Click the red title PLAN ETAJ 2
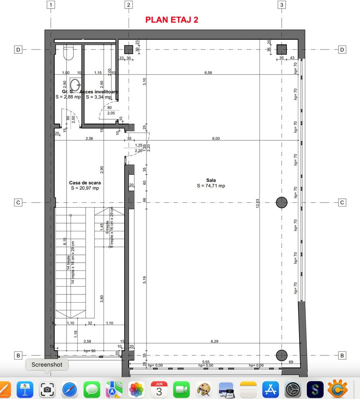tap(172, 20)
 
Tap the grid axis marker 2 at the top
tap(128, 5)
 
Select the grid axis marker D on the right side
tap(342, 50)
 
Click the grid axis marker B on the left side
tap(18, 356)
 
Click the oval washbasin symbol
tap(75, 85)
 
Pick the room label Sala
tap(211, 180)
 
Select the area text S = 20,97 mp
tap(85, 188)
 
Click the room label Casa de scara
tap(85, 183)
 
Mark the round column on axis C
tap(282, 202)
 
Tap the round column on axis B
tap(282, 355)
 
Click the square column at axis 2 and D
tap(128, 50)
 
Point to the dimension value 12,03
tap(258, 204)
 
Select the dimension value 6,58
tap(208, 73)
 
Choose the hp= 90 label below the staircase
tap(90, 351)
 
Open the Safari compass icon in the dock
tap(69, 390)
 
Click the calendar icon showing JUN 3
tap(159, 390)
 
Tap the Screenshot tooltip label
tap(47, 365)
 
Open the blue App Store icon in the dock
tap(270, 390)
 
